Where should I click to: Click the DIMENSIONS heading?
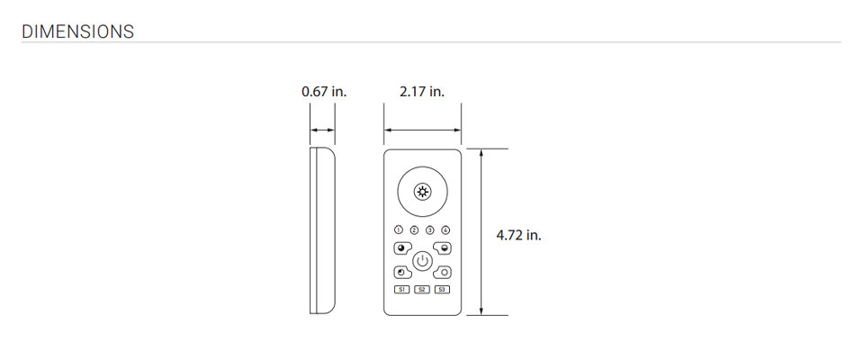click(77, 31)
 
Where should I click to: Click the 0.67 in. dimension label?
click(324, 92)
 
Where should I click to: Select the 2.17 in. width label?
click(422, 92)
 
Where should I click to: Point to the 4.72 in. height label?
click(518, 236)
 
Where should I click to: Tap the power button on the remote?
click(422, 260)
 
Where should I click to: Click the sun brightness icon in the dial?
click(423, 192)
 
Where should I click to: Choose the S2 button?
click(422, 290)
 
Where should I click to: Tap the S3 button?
click(442, 290)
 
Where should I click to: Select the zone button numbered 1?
click(399, 230)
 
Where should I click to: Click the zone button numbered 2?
click(414, 230)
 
